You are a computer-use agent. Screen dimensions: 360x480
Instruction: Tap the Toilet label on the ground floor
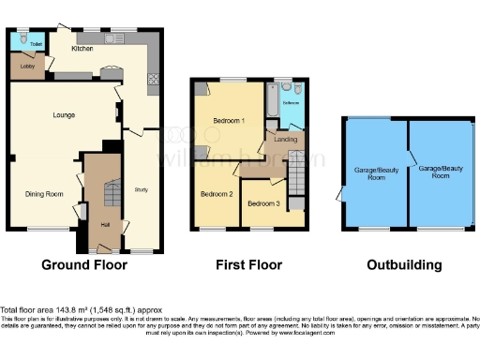click(x=36, y=44)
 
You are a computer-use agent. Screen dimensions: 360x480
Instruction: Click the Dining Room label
click(x=43, y=194)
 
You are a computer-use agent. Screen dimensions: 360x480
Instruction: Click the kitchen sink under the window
click(x=113, y=38)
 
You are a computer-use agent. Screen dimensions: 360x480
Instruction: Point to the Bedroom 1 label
click(x=228, y=122)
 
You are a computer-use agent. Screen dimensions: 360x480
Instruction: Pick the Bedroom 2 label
click(x=217, y=194)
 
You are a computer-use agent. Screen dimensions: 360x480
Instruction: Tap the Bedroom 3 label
click(x=263, y=203)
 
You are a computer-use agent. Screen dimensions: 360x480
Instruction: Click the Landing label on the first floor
click(x=286, y=140)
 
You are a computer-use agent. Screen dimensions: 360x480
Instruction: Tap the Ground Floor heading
click(x=83, y=265)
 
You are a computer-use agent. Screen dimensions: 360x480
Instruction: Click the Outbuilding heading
click(x=404, y=265)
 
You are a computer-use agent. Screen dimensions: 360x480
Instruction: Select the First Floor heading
click(x=248, y=265)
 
